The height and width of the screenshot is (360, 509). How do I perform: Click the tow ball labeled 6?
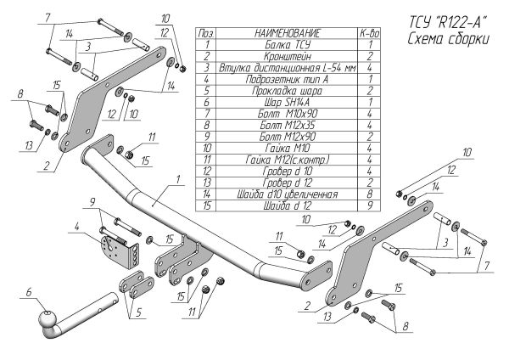coord(48,323)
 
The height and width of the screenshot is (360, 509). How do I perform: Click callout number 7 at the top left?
coord(48,18)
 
